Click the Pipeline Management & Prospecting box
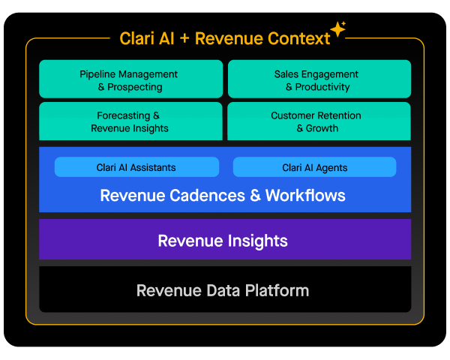[x=130, y=79]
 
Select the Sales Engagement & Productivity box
[x=319, y=79]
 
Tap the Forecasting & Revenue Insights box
[x=130, y=121]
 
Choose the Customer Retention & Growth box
[x=319, y=121]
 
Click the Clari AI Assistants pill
[x=136, y=167]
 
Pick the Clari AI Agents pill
[x=314, y=167]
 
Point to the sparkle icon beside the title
[x=338, y=30]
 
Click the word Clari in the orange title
[x=137, y=38]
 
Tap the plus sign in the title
[x=185, y=38]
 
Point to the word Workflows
[x=305, y=196]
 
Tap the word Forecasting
[x=124, y=115]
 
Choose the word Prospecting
[x=135, y=87]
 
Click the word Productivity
[x=322, y=87]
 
